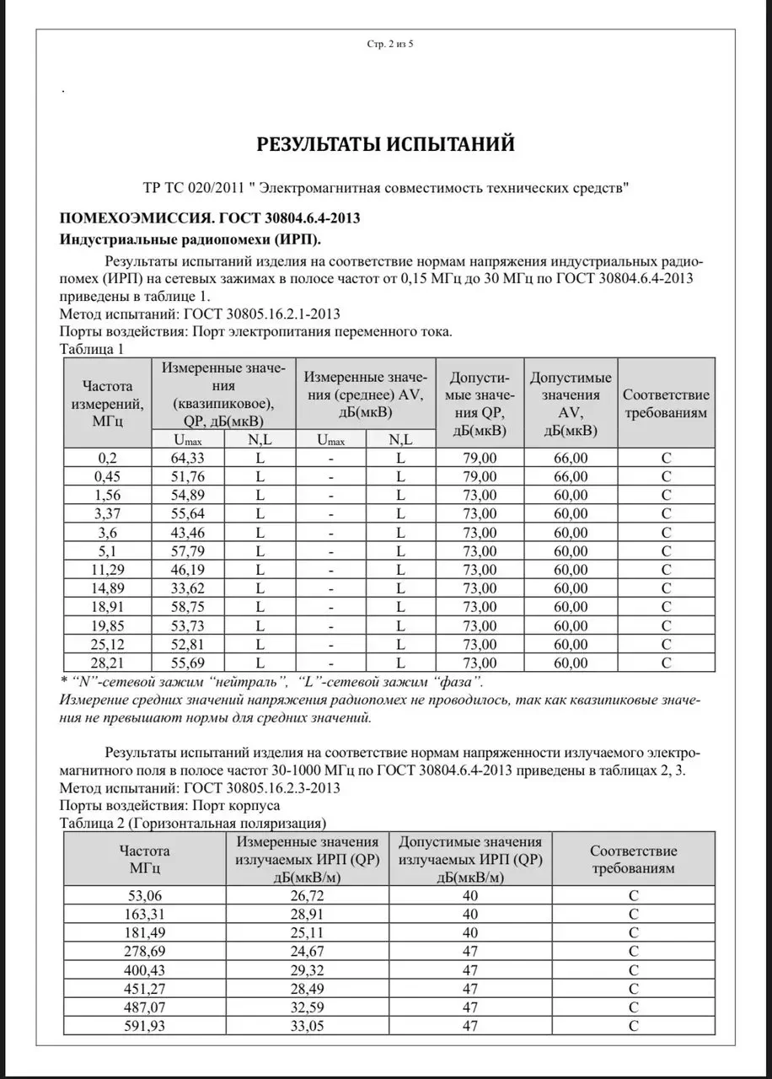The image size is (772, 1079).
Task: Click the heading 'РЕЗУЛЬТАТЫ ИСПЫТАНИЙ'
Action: click(x=385, y=144)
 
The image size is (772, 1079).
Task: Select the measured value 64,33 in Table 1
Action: click(x=187, y=458)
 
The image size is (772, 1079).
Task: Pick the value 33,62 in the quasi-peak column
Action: click(x=187, y=588)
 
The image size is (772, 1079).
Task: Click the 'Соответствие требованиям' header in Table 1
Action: click(x=666, y=403)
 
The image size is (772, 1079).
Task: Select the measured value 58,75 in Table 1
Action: click(x=187, y=607)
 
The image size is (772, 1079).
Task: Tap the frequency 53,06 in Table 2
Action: click(x=144, y=895)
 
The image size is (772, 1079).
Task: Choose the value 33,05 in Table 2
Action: click(x=304, y=1025)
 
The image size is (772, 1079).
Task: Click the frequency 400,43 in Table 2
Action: click(x=144, y=969)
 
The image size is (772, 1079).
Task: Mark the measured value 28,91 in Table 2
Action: click(x=304, y=914)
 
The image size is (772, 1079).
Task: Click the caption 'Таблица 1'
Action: click(x=93, y=348)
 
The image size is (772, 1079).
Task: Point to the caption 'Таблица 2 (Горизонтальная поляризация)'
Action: click(x=193, y=823)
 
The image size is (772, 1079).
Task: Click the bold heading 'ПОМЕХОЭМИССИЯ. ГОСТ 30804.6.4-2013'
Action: click(x=210, y=218)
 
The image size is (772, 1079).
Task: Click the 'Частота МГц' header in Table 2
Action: click(x=144, y=858)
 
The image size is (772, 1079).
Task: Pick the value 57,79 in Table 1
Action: click(x=187, y=551)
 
